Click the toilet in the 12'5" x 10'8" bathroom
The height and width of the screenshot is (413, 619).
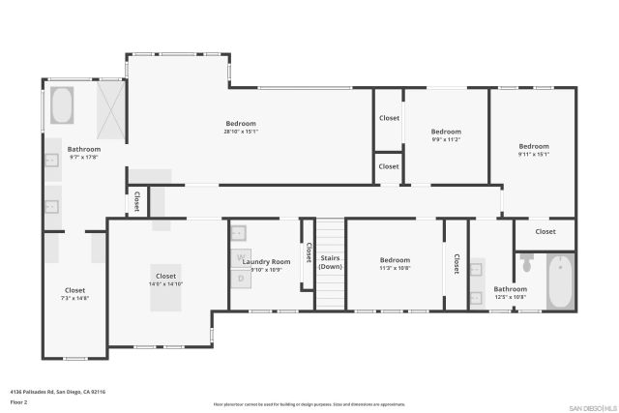click(527, 263)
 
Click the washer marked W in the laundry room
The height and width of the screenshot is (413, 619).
click(242, 258)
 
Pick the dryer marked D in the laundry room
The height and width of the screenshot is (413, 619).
click(242, 279)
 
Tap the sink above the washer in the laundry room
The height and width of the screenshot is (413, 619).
click(240, 232)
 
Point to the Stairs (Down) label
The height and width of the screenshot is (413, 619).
click(331, 262)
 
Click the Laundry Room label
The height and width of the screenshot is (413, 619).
click(266, 261)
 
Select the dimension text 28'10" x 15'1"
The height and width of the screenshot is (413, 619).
click(241, 132)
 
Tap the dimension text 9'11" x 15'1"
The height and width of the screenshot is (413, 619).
click(533, 154)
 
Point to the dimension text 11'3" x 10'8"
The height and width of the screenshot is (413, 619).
click(395, 268)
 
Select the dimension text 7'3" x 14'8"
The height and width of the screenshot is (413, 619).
click(74, 298)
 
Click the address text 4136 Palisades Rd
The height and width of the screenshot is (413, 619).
click(57, 392)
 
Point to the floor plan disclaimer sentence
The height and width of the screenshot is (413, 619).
click(309, 404)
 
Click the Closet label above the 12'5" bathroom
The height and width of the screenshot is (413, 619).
click(545, 231)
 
